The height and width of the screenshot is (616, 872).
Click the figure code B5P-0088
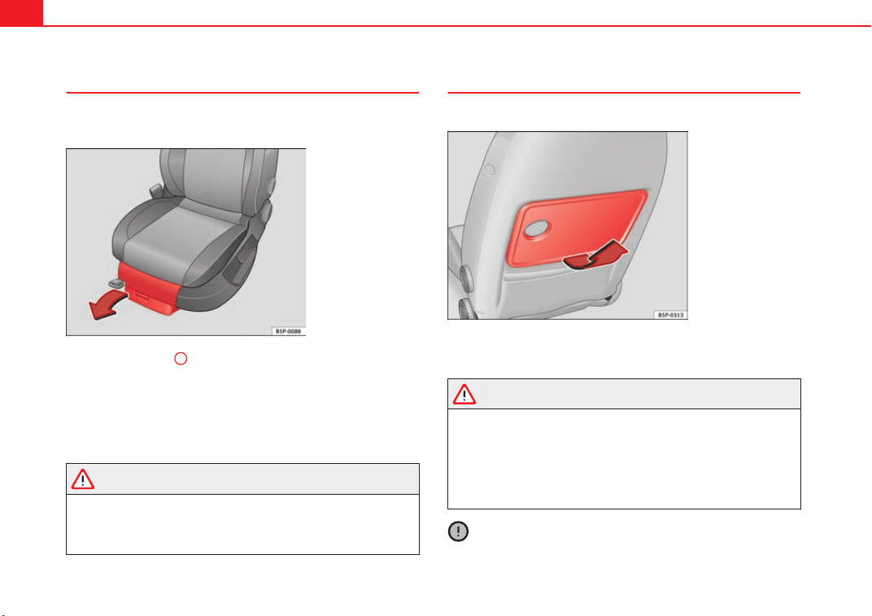click(288, 331)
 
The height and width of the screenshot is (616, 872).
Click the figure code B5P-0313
click(670, 315)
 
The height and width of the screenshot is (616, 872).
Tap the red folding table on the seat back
click(578, 228)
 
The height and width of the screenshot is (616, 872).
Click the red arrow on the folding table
click(595, 256)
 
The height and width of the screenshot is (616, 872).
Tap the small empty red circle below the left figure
click(181, 358)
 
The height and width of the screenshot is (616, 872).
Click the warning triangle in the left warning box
click(83, 479)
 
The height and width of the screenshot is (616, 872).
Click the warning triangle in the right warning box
click(464, 394)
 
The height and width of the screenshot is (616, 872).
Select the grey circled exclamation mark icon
click(458, 531)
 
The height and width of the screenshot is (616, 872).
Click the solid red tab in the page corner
click(21, 13)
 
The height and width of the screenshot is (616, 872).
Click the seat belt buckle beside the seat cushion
click(155, 191)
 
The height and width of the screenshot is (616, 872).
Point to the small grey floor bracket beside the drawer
click(116, 283)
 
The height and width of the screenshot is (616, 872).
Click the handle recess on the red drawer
click(142, 295)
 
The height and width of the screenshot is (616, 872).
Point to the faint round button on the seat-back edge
click(490, 168)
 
